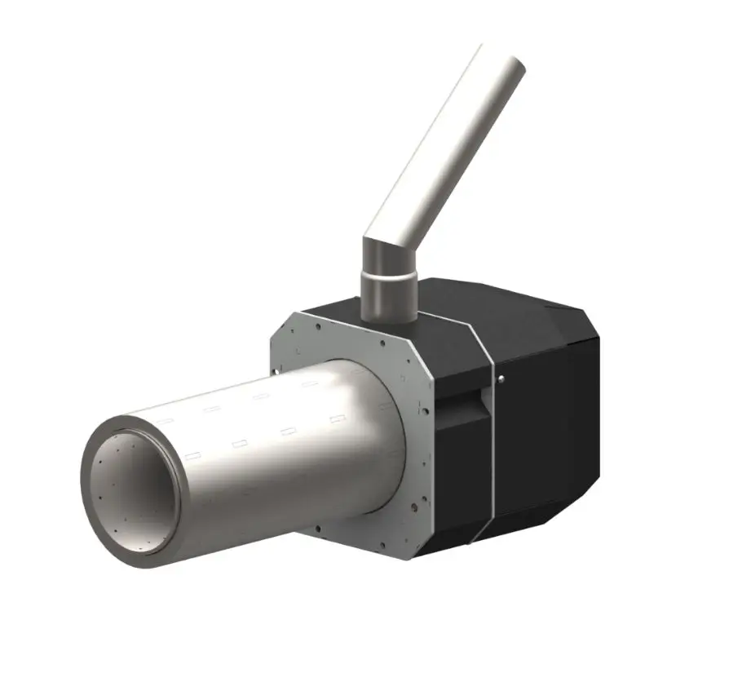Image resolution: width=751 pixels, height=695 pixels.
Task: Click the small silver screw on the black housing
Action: tap(500, 377)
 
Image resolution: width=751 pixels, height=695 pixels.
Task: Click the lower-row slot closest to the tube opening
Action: tap(192, 455)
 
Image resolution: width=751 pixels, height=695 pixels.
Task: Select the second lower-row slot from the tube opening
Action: tap(241, 444)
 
